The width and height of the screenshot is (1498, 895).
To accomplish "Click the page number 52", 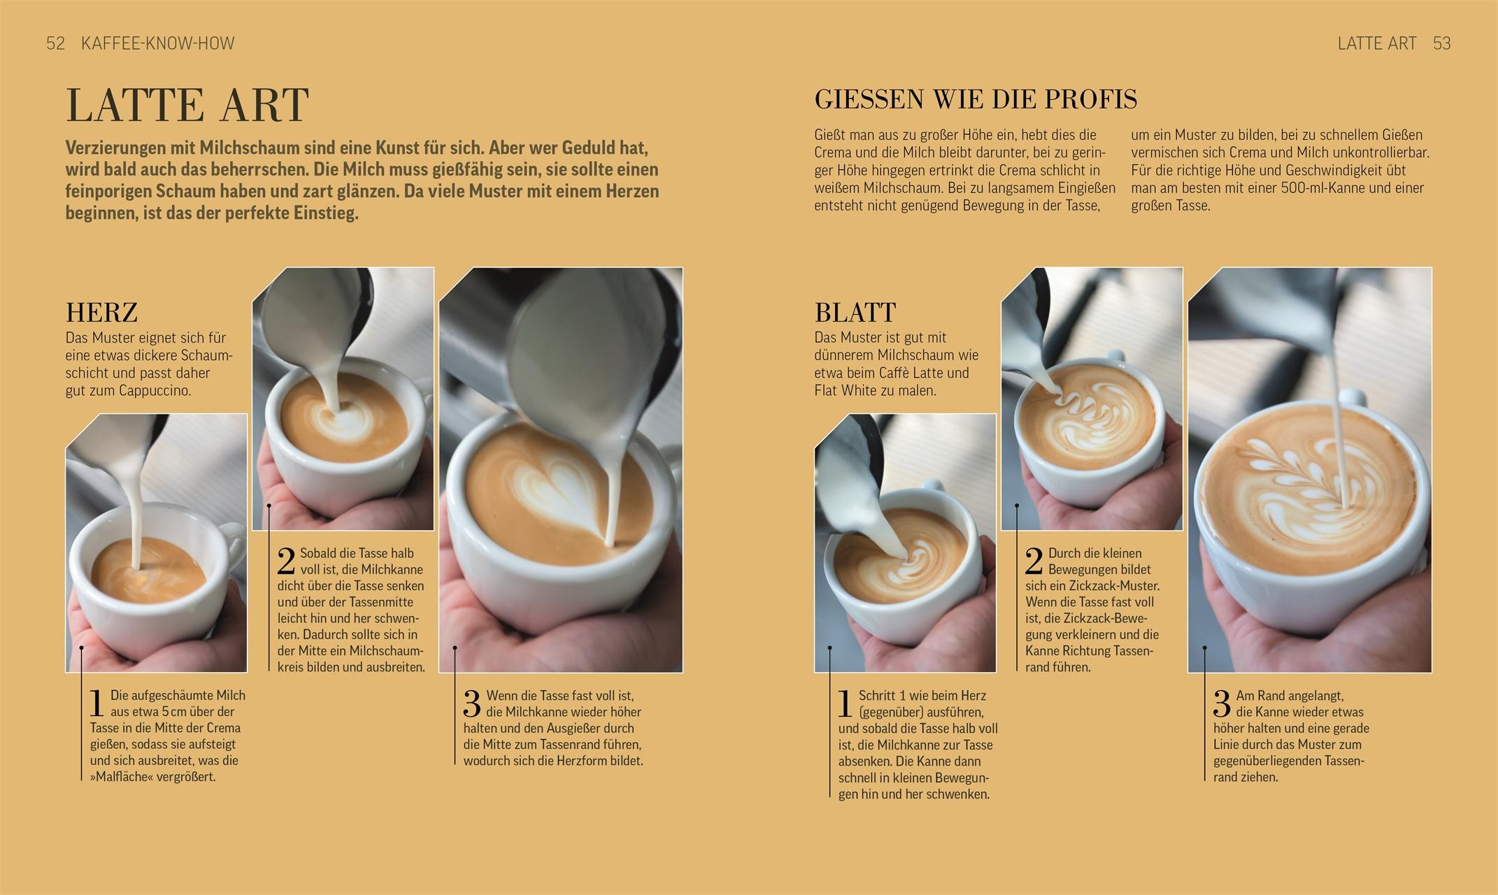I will pos(55,43).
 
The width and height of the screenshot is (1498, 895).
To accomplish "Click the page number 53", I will pos(1441,43).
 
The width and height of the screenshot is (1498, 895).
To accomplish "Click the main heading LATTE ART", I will pos(187,106).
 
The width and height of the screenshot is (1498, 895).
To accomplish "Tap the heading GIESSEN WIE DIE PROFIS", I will pos(976,99).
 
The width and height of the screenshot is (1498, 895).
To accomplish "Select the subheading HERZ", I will pos(101,312).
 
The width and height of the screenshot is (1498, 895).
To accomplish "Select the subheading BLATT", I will pos(855,312).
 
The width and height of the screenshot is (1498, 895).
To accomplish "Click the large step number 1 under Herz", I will pos(97,703).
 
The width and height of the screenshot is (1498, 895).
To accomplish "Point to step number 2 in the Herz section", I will pos(287,561).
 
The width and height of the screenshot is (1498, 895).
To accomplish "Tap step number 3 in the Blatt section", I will pos(1221,703).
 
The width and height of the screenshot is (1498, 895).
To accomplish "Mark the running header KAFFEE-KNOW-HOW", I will pos(157,43).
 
